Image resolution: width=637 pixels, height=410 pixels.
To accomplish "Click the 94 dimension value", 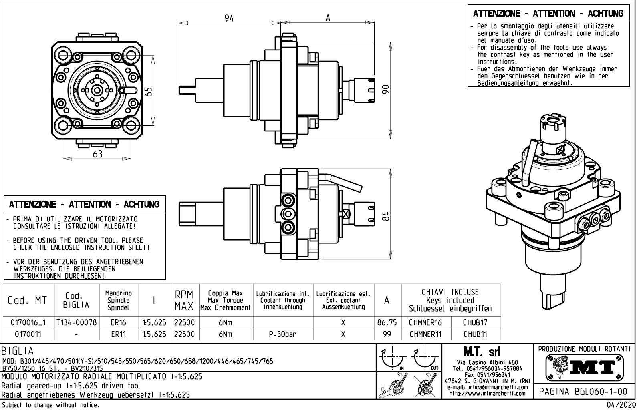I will [229, 18].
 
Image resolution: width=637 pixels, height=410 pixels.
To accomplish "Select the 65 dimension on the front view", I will [149, 92].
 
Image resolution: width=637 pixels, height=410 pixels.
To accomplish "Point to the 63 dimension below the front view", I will [97, 155].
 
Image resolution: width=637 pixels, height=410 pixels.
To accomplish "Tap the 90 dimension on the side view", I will [385, 89].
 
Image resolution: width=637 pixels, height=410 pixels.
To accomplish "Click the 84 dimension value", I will [385, 217].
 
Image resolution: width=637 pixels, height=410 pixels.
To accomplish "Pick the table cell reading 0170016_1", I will [28, 322].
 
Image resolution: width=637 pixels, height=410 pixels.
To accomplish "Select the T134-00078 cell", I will [77, 322].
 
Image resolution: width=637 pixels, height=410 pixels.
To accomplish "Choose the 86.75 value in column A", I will [387, 322].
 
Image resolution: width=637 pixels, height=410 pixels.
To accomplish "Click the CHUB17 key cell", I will [475, 322].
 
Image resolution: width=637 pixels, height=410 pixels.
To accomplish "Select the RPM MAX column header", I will [184, 300].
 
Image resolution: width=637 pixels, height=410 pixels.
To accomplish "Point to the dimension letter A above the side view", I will [328, 18].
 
